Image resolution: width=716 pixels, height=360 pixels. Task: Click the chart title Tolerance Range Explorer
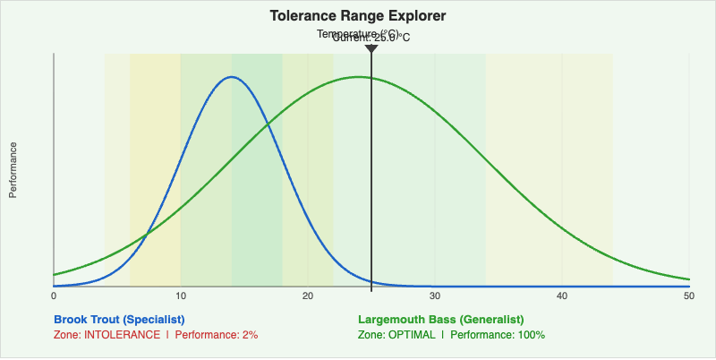point(358,16)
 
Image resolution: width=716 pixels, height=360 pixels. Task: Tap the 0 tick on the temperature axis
point(54,296)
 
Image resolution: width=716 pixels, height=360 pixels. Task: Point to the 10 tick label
point(181,296)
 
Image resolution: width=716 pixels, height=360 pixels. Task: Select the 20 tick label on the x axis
point(308,296)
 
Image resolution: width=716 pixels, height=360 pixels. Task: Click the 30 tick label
point(435,296)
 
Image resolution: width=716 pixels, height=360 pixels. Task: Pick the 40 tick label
point(562,296)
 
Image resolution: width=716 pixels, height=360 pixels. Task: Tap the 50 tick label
point(688,296)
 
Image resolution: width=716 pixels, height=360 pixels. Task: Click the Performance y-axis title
point(13,169)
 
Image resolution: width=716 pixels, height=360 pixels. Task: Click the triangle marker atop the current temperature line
point(371,48)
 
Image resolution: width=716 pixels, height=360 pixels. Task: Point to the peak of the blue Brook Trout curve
point(232,77)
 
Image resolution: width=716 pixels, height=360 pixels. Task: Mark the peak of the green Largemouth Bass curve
point(359,77)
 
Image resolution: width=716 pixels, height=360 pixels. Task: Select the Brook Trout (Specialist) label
point(119,320)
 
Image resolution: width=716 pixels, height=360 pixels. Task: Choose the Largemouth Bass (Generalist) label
point(440,320)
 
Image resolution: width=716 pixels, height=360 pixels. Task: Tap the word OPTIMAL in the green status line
point(411,335)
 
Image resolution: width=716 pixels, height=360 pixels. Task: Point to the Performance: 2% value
point(216,335)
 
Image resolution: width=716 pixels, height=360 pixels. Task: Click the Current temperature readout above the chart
point(371,38)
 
